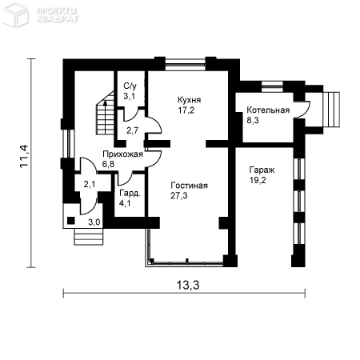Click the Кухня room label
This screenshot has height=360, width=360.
(189, 100)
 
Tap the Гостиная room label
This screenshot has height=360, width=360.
(189, 186)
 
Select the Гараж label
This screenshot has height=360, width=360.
(262, 170)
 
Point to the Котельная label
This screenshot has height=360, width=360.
(268, 110)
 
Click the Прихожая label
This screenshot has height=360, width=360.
(122, 154)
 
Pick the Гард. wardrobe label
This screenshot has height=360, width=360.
(130, 194)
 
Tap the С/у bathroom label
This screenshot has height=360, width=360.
(130, 86)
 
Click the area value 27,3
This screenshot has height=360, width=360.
(179, 196)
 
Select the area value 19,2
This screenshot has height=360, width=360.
(258, 180)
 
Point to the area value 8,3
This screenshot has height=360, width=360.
(253, 121)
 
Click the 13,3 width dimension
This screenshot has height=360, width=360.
(188, 286)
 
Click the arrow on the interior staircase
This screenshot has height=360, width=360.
(106, 118)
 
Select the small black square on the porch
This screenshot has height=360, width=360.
(71, 221)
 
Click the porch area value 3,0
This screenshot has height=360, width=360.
(94, 222)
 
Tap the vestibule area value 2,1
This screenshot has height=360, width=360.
(90, 184)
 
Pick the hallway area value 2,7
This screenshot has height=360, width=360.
(132, 130)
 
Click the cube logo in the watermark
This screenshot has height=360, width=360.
(15, 14)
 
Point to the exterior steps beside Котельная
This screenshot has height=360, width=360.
(331, 110)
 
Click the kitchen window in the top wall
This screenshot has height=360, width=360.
(185, 64)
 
